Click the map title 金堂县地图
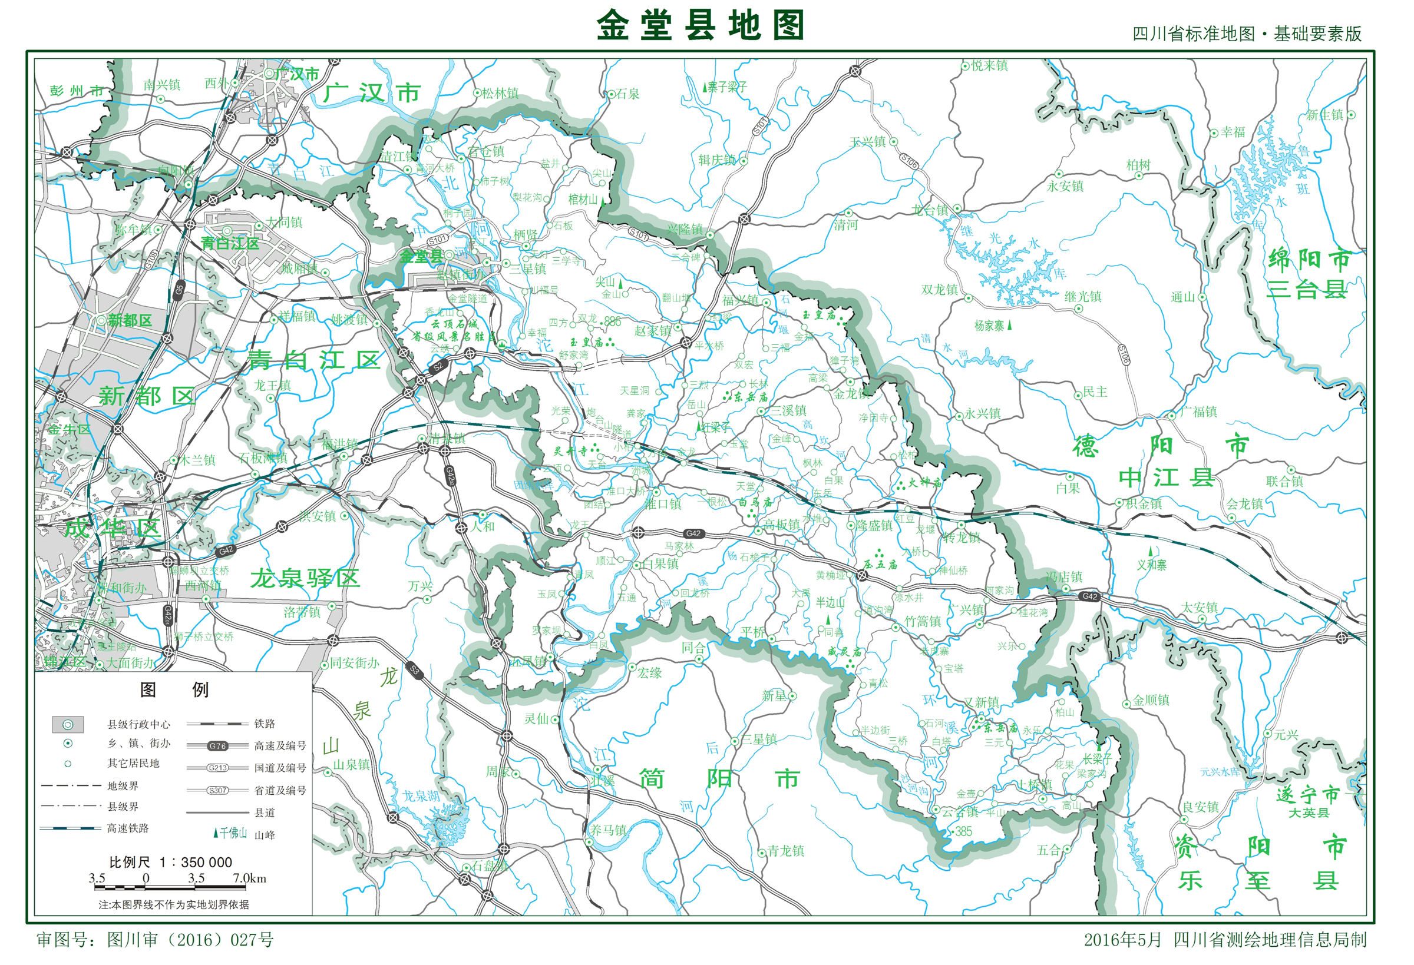tap(701, 25)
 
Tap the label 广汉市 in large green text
tap(372, 93)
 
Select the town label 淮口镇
tap(663, 504)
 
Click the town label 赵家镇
tap(652, 331)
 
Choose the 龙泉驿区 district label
tap(305, 578)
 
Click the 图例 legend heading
tap(174, 689)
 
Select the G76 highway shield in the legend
tap(217, 745)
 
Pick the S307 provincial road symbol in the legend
tap(217, 790)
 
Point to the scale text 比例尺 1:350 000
tap(170, 861)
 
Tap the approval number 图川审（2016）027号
tap(155, 940)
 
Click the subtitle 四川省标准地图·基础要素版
tap(1247, 34)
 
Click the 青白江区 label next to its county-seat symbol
tap(230, 244)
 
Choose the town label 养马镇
tap(607, 830)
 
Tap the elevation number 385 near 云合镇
tap(963, 831)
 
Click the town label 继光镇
tap(1082, 297)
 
